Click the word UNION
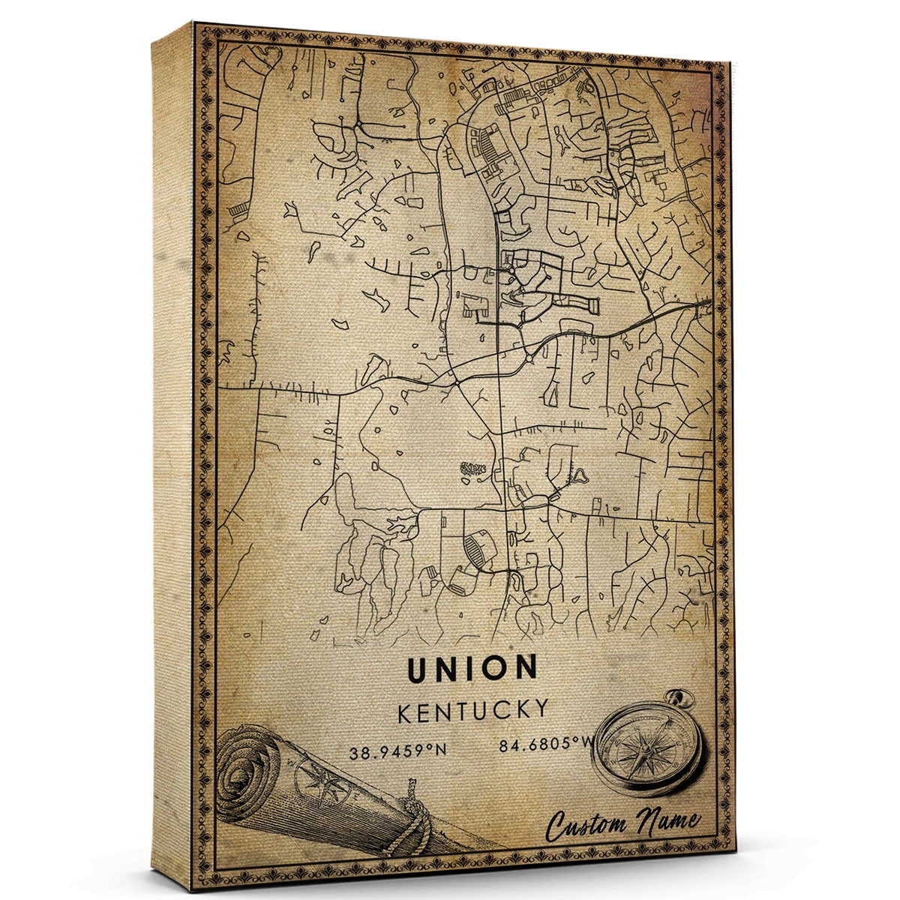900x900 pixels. (x=472, y=668)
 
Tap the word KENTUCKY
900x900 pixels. (x=472, y=710)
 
